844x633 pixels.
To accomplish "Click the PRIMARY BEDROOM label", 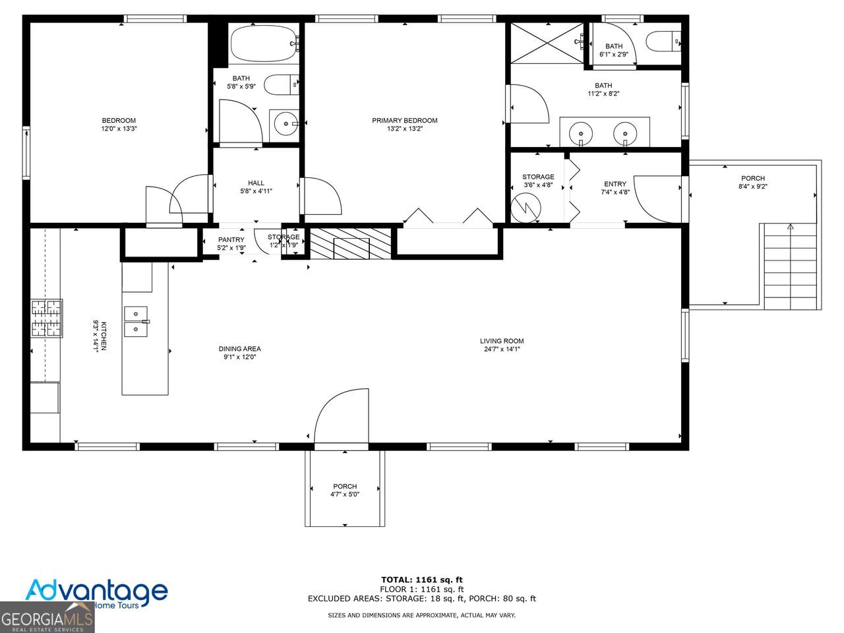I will click(404, 121).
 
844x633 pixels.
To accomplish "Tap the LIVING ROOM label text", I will click(501, 341).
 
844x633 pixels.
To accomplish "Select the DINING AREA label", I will click(239, 349).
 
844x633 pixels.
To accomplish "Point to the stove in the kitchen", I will click(47, 318).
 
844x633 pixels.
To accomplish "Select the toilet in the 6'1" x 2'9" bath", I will click(662, 42).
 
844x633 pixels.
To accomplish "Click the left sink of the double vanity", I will click(580, 133).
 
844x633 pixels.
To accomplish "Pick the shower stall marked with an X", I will click(547, 43).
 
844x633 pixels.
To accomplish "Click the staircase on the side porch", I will click(790, 266).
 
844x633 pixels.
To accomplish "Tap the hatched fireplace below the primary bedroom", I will click(350, 243).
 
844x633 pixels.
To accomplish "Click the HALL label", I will click(256, 183).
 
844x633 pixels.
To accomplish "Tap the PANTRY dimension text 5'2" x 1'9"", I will click(231, 248).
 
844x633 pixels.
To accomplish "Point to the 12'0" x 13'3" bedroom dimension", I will click(119, 129).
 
